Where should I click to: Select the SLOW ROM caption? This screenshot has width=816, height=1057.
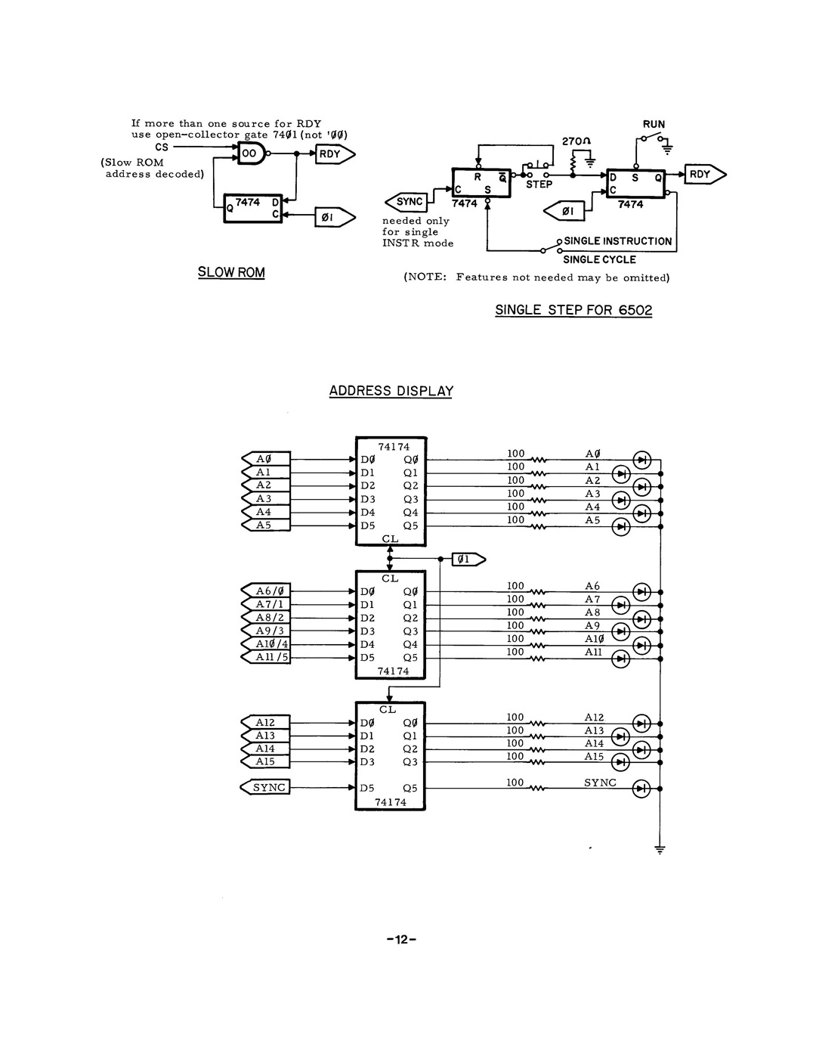[x=231, y=272]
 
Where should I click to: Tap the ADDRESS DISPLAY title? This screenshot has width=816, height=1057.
[x=391, y=391]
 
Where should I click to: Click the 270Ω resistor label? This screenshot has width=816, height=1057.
[x=576, y=141]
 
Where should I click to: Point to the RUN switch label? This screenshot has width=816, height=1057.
[x=654, y=124]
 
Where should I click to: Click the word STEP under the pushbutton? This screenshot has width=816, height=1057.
[x=539, y=184]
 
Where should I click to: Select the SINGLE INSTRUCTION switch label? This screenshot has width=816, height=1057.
[x=618, y=241]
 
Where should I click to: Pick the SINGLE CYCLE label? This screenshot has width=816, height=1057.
[x=599, y=260]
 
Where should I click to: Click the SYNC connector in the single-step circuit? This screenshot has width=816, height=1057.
[x=406, y=202]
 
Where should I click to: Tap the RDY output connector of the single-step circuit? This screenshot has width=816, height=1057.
[x=705, y=174]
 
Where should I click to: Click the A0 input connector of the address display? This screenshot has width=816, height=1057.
[x=266, y=459]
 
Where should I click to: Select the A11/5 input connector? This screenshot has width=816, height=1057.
[x=265, y=657]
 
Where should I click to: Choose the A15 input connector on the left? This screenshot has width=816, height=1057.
[x=265, y=761]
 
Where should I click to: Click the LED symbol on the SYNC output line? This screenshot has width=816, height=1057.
[x=641, y=788]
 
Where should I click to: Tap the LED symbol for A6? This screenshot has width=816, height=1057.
[x=642, y=592]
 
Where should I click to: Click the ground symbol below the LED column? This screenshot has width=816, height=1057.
[x=660, y=850]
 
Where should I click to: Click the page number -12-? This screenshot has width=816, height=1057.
[x=401, y=939]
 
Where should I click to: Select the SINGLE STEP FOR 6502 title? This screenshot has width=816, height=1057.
[x=573, y=310]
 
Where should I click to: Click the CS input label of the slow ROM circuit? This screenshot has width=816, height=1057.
[x=162, y=147]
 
